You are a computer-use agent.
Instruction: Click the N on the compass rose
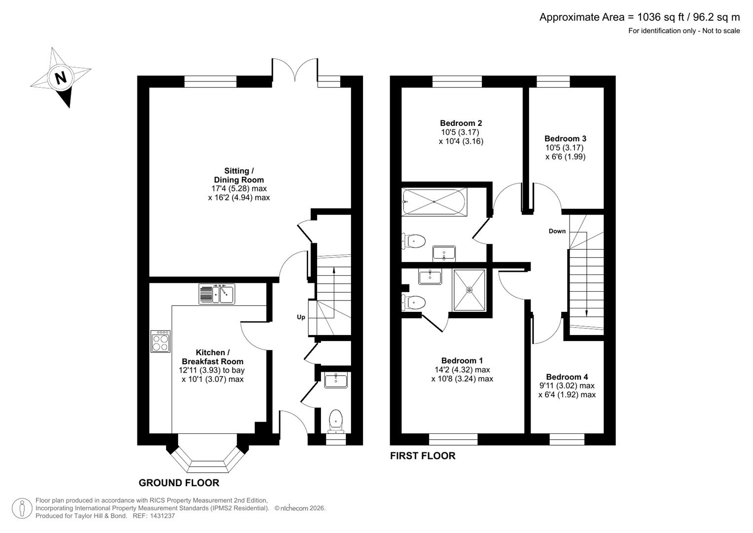(x=61, y=78)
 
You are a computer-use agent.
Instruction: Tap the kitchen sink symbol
(x=217, y=294)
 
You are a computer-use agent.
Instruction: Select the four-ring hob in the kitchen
(x=161, y=341)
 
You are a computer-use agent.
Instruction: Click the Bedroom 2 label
(x=461, y=123)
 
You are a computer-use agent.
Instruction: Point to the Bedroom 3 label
(x=565, y=139)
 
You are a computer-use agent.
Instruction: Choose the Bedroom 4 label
(x=567, y=377)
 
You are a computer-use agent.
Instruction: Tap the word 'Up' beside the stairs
(x=301, y=317)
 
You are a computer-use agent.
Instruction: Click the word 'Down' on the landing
(x=557, y=231)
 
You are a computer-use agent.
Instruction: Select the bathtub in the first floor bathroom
(x=434, y=202)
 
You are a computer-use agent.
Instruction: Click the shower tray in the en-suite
(x=469, y=290)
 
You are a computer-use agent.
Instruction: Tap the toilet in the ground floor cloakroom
(x=336, y=420)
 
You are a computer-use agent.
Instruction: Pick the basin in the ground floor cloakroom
(x=336, y=381)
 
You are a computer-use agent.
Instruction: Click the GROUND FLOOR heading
(x=179, y=483)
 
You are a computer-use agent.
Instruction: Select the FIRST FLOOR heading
(x=423, y=456)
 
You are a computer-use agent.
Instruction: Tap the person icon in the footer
(x=22, y=508)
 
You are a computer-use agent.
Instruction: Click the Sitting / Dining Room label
(x=239, y=176)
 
